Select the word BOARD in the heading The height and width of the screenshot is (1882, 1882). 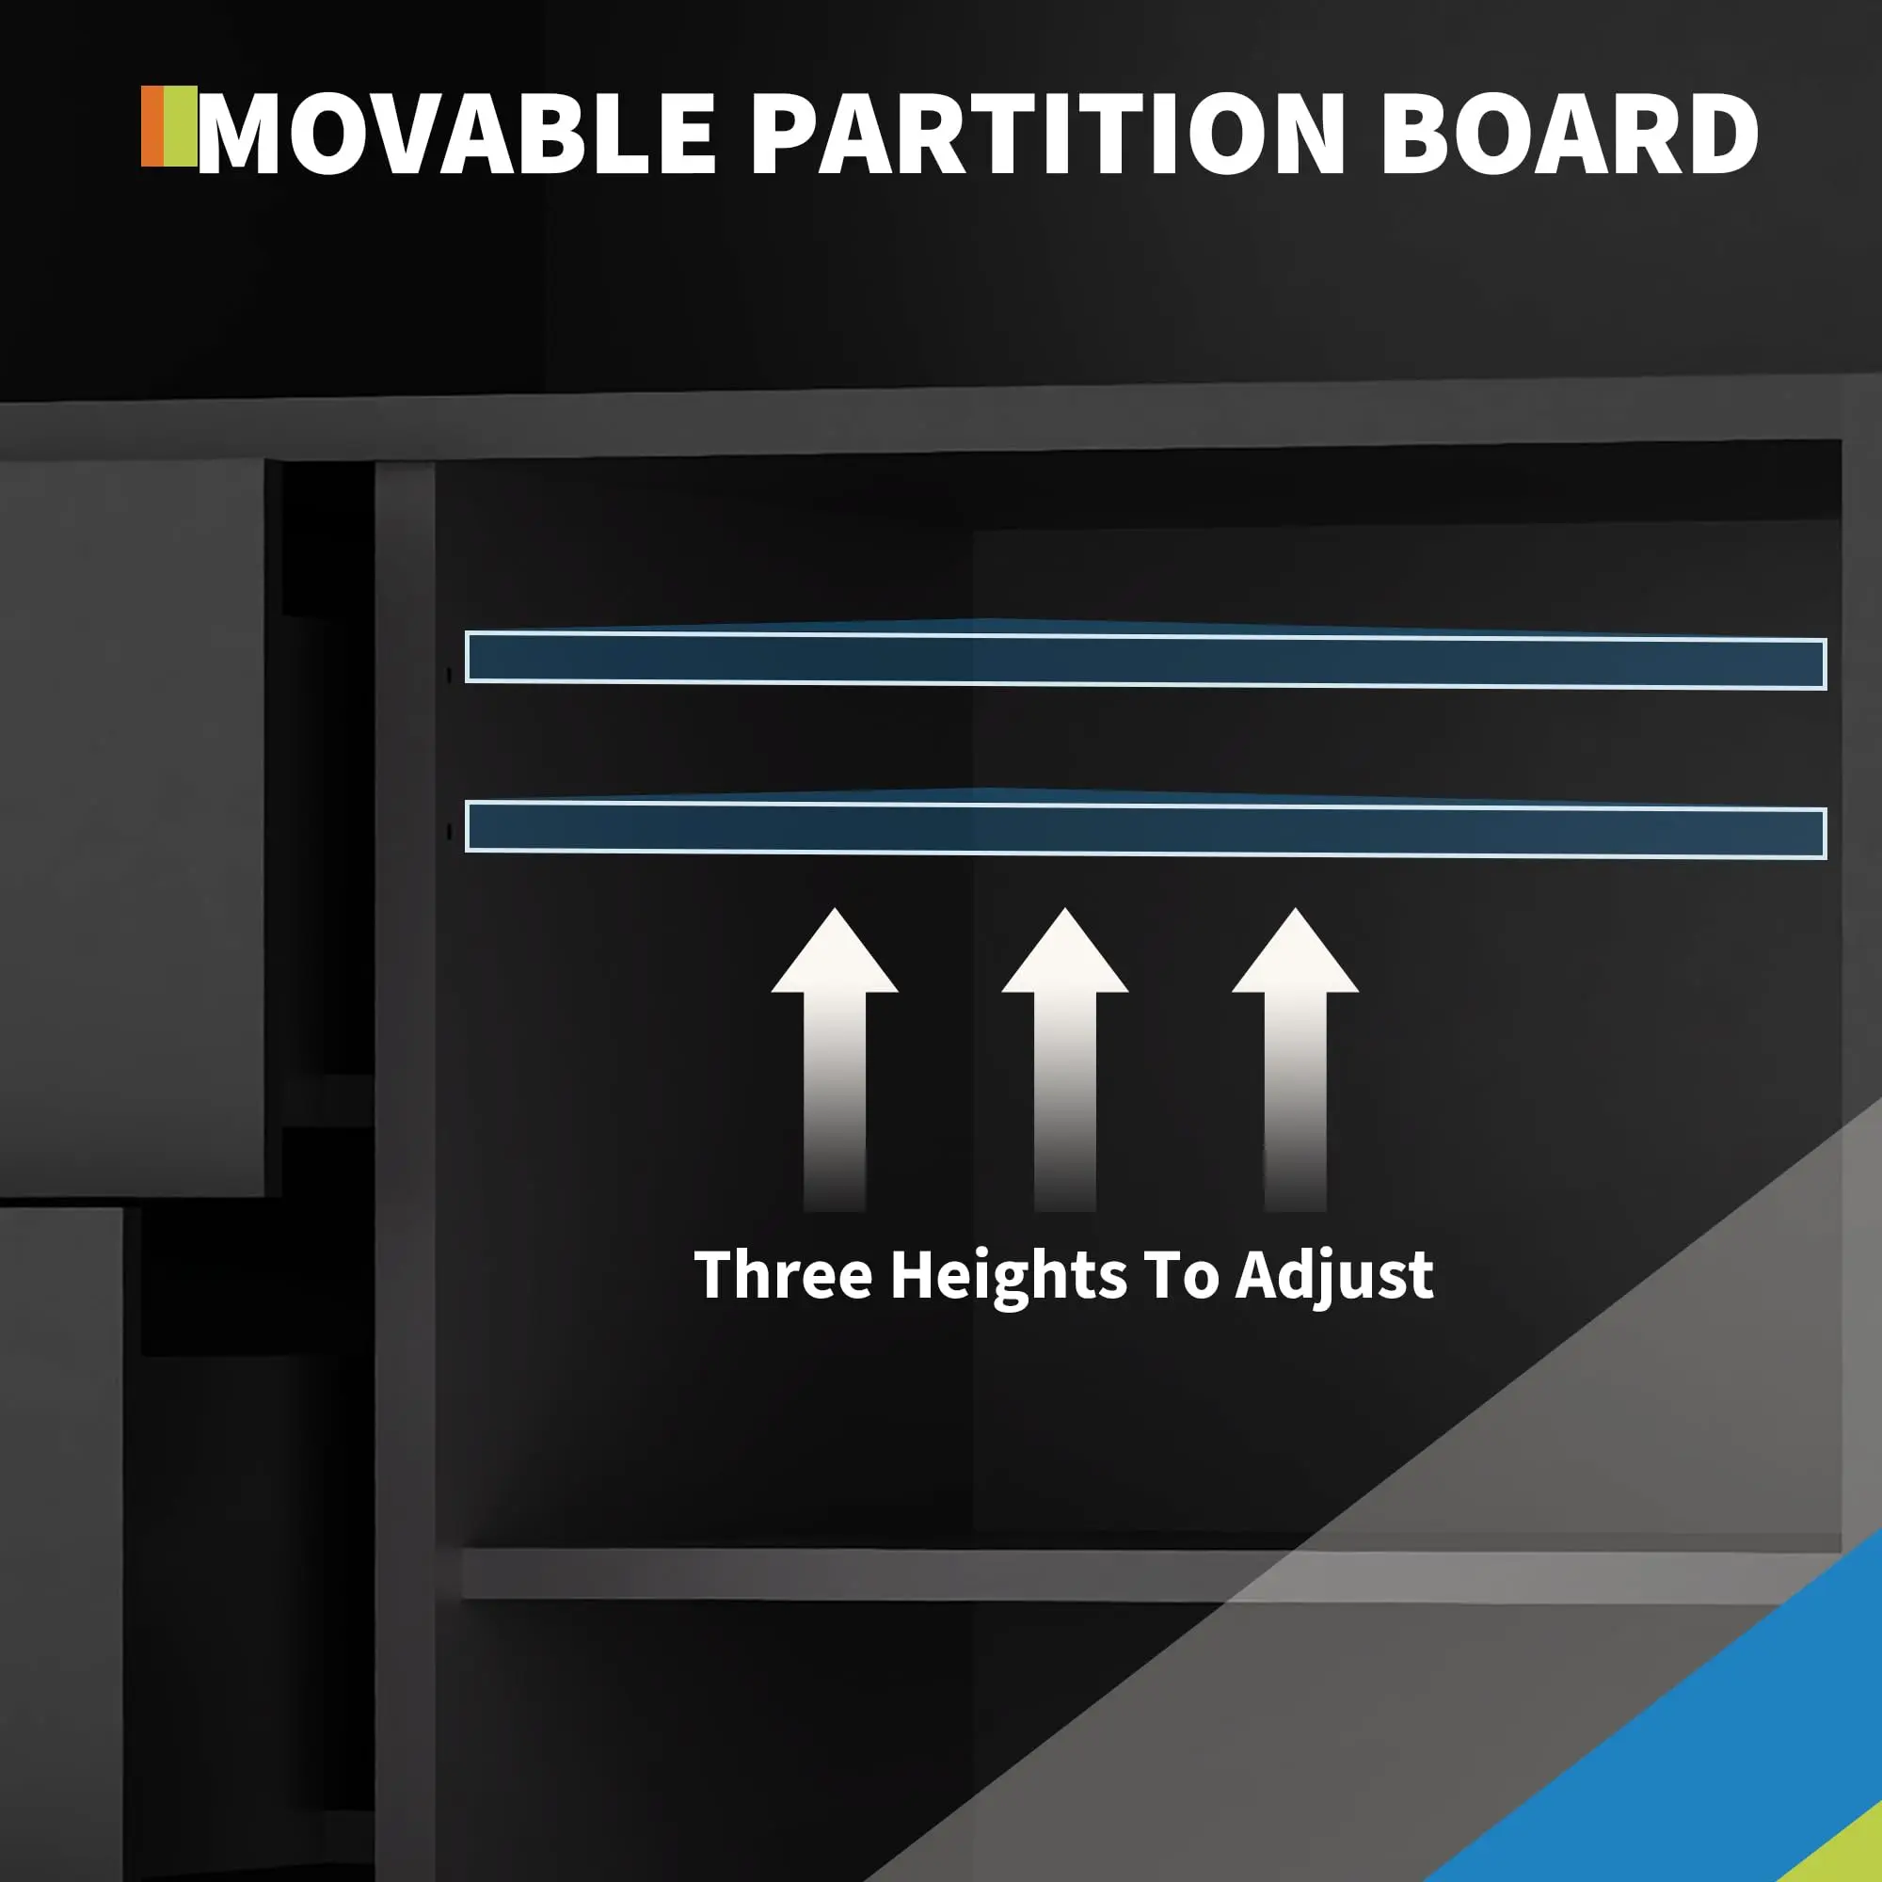[1570, 134]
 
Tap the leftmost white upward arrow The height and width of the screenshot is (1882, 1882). [834, 1059]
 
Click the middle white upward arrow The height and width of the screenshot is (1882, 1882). [1064, 1059]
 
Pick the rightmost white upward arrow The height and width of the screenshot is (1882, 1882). [1295, 1059]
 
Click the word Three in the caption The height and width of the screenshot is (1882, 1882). [783, 1274]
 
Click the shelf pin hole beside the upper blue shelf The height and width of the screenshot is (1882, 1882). [447, 674]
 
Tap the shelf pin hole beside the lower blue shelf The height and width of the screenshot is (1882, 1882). [447, 832]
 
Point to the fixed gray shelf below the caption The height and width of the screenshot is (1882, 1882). [1150, 1574]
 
